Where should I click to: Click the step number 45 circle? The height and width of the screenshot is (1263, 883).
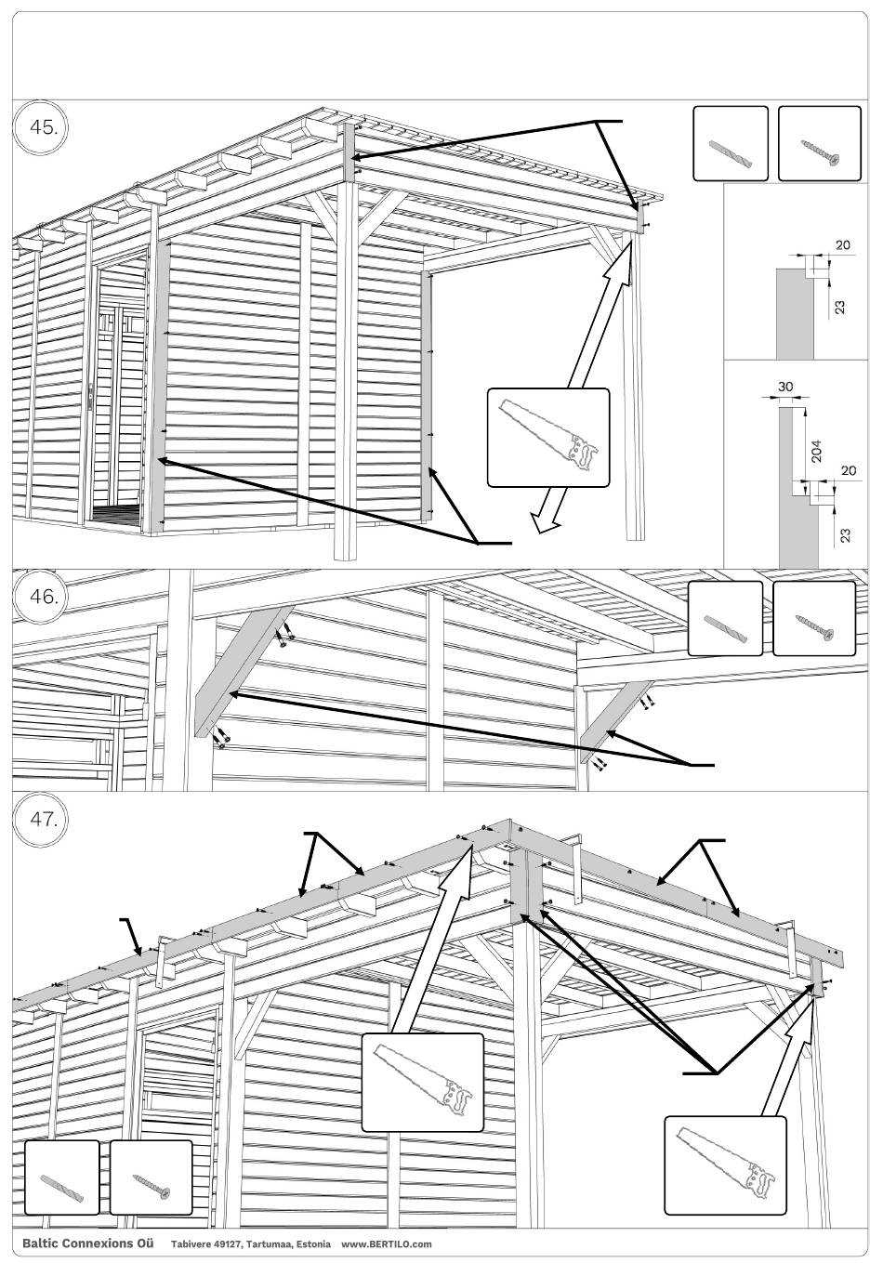point(42,127)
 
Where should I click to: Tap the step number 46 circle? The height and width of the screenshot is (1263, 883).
point(42,596)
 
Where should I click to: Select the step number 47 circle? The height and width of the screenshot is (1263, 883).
point(42,819)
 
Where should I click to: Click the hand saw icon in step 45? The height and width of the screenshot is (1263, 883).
point(548,437)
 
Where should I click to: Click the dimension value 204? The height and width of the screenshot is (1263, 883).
point(816,451)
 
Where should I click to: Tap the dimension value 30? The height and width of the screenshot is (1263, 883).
point(784,387)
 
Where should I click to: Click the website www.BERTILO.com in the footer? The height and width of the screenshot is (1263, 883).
point(387,1243)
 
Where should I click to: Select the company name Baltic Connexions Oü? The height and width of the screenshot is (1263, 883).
point(87,1243)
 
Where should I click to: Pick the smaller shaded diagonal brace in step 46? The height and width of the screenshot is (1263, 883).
point(615,722)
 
